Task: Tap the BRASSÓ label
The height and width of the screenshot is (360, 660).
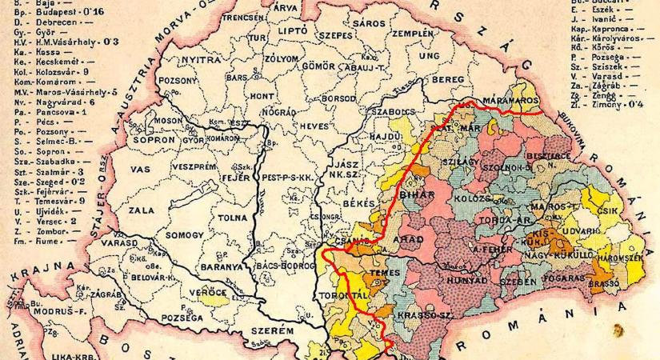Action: pos(600,283)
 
